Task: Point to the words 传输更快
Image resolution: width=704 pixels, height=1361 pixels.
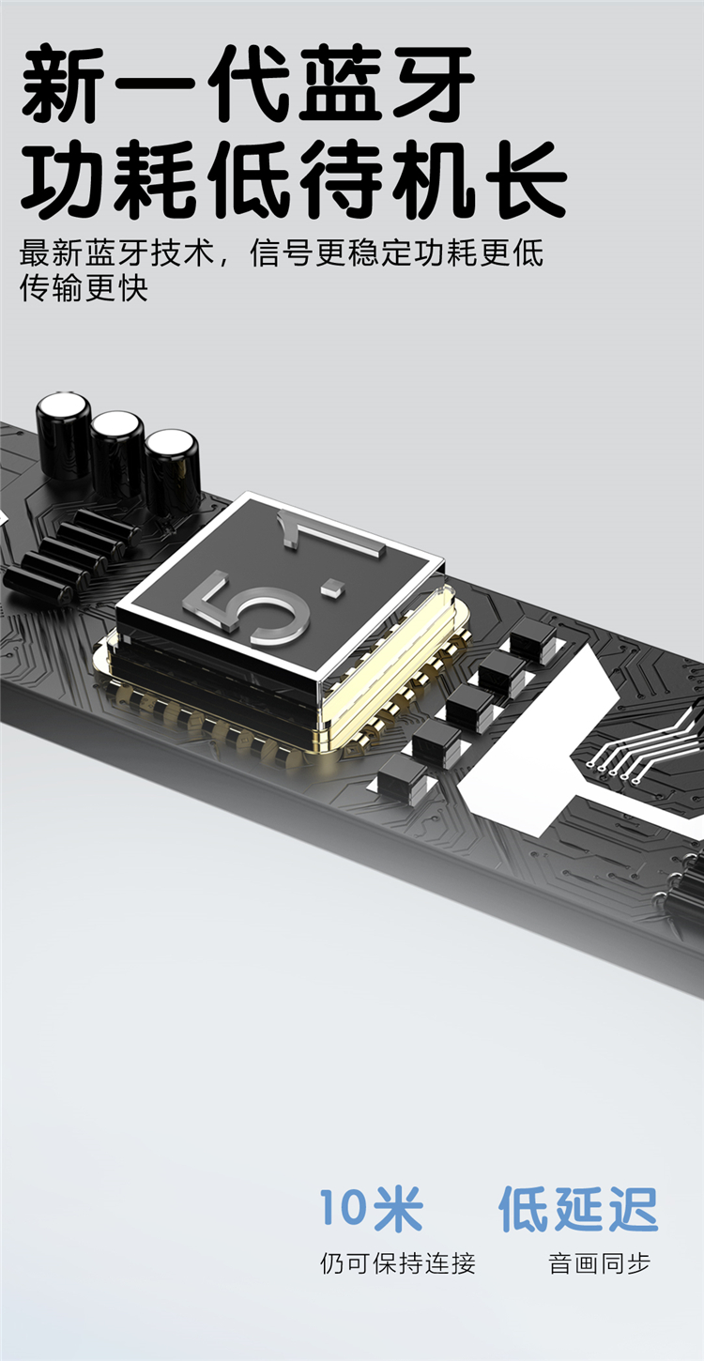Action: (84, 287)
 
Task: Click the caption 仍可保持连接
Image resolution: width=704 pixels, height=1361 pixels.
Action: (398, 1263)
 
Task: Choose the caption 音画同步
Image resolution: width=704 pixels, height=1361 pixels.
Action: (600, 1263)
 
